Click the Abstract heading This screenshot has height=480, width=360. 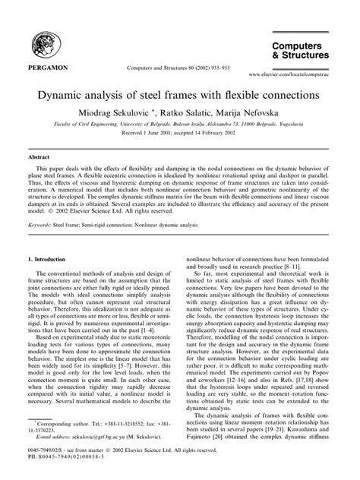39,155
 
